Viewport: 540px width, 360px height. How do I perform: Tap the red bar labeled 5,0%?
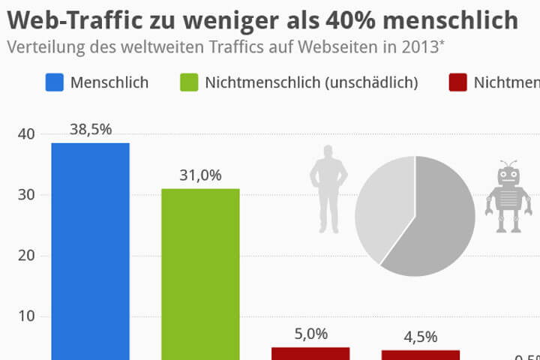point(310,353)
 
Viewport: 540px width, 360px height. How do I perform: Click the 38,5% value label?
point(91,129)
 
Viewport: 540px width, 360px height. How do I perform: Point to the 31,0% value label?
point(200,175)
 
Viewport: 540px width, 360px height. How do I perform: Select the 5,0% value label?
point(310,334)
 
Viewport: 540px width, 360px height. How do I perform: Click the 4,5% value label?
point(420,337)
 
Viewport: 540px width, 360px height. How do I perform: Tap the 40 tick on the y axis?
point(26,135)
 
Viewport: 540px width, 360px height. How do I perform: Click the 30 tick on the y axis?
point(26,195)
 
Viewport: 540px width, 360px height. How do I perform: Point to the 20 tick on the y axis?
point(26,256)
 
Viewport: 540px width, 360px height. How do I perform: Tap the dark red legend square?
point(456,82)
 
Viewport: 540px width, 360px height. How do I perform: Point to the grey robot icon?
point(508,196)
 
